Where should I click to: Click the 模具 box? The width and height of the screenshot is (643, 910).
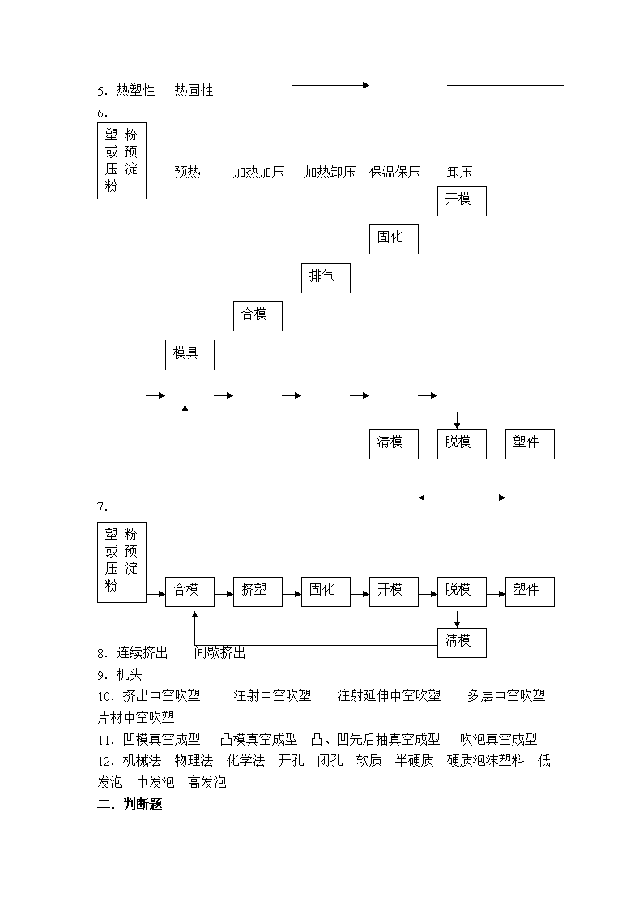189,355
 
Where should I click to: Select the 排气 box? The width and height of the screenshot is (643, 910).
326,278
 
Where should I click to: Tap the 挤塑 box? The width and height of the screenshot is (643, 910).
258,592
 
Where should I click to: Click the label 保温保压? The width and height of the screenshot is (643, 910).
395,173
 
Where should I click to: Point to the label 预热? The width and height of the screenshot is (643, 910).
187,173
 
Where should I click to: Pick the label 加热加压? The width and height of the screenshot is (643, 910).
258,173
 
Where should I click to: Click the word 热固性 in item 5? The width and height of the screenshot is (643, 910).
194,91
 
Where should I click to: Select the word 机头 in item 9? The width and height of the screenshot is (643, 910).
129,675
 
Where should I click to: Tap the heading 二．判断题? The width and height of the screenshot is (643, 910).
130,805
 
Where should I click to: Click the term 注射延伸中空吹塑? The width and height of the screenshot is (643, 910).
389,695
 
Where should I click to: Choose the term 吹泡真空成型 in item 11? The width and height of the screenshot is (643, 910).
499,739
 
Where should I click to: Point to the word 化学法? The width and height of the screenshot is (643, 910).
245,761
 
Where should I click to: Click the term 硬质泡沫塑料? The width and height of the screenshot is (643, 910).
485,761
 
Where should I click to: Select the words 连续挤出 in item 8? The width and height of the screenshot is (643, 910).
142,653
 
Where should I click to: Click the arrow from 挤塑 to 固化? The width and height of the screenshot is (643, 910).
292,594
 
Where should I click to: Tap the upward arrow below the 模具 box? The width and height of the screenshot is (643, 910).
185,425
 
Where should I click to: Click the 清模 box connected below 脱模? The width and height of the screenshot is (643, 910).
462,643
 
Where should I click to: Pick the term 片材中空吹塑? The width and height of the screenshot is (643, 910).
136,717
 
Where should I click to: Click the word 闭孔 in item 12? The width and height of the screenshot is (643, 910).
330,761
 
